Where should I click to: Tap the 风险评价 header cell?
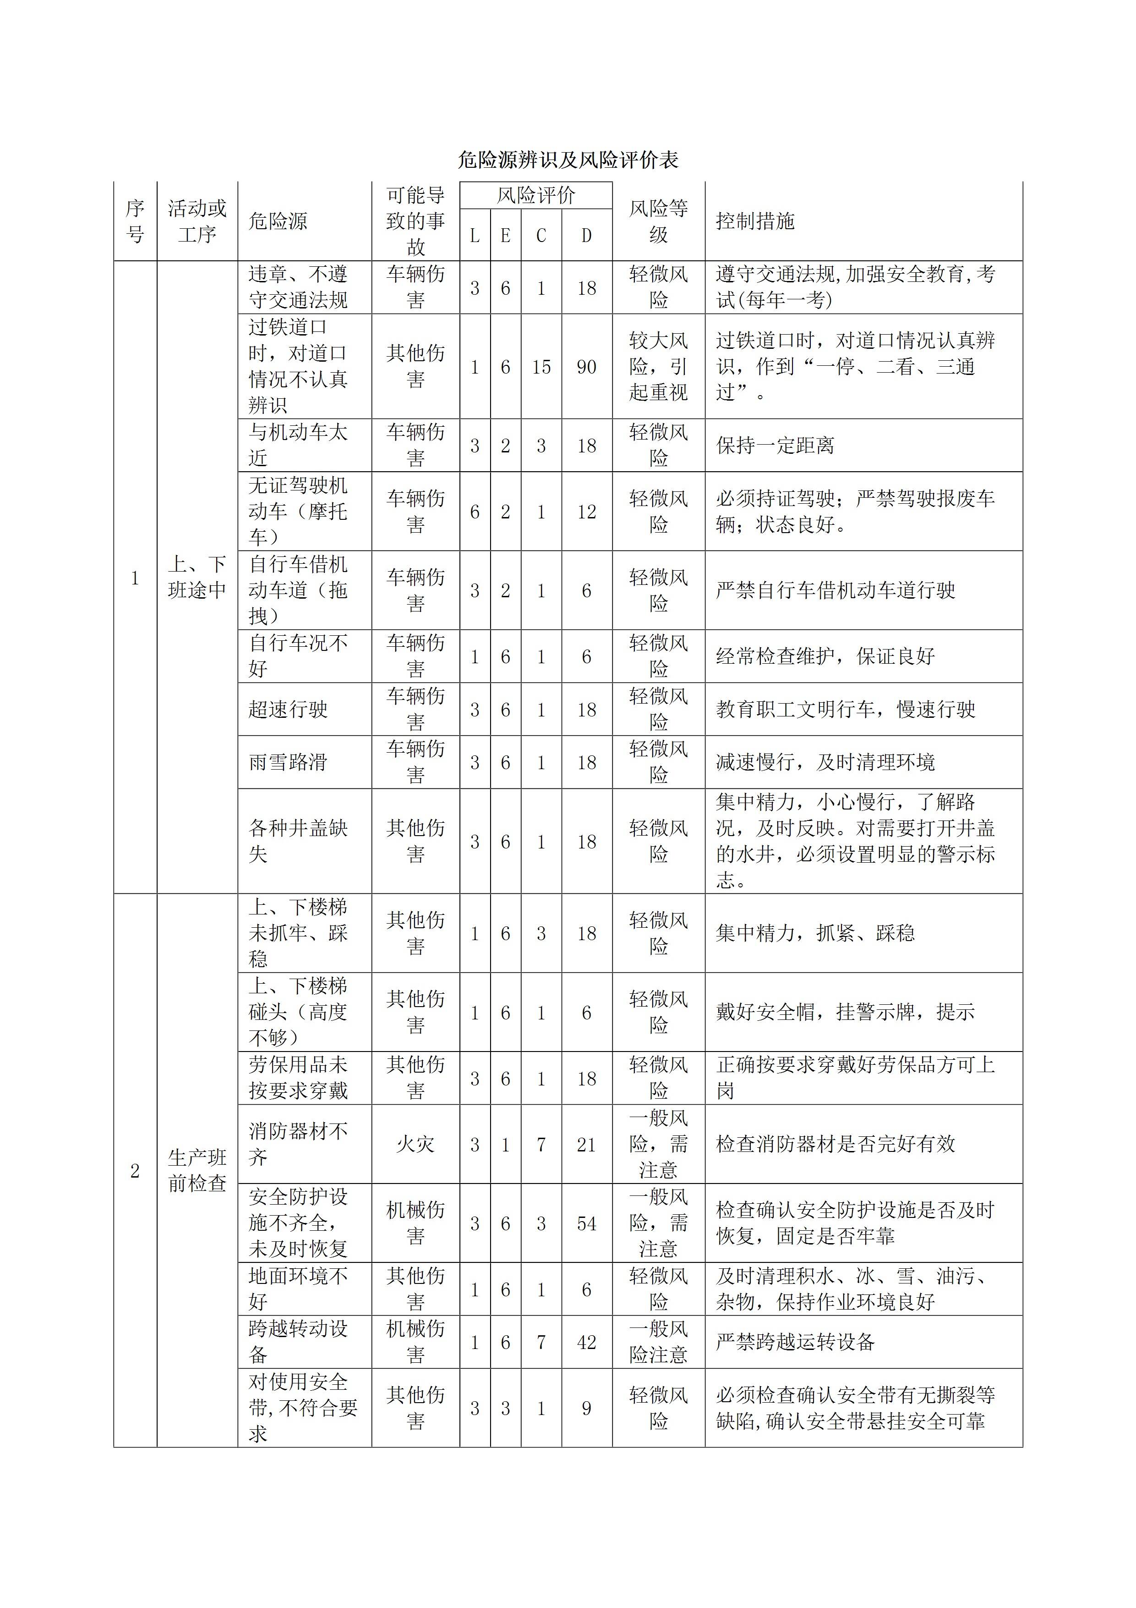(535, 195)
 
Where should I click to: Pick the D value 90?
(586, 367)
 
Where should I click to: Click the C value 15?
(541, 367)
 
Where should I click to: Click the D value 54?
(586, 1223)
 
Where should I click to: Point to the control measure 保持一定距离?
(775, 446)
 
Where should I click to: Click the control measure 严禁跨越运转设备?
(795, 1342)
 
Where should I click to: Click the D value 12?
(586, 512)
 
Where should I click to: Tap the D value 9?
(586, 1409)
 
